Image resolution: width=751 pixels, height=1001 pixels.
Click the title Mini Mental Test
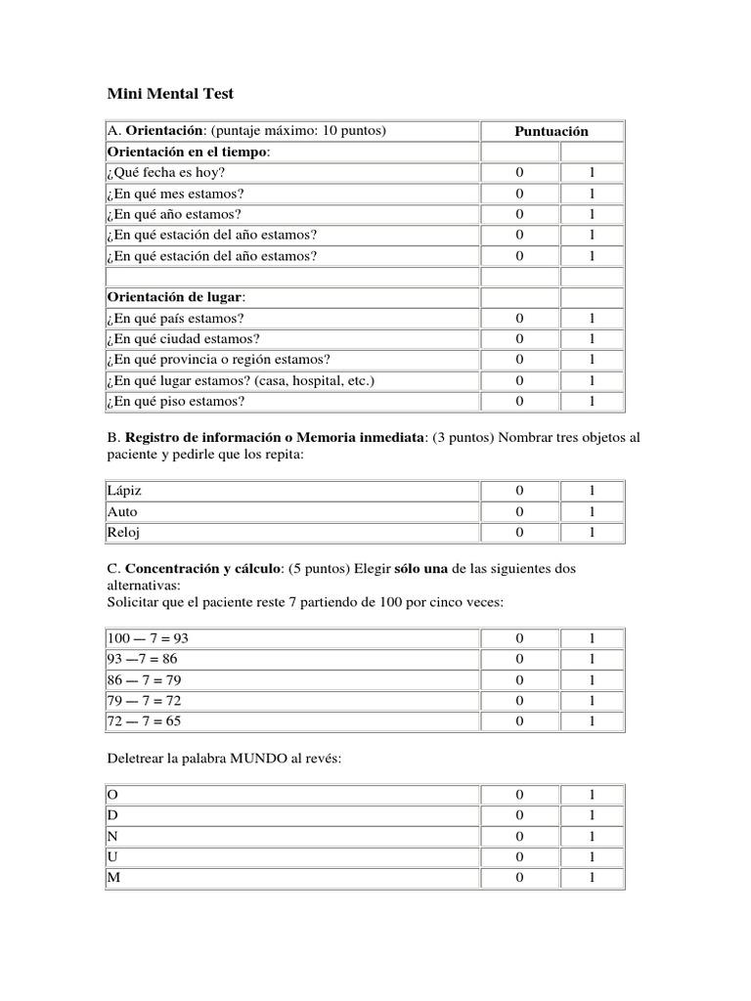[169, 95]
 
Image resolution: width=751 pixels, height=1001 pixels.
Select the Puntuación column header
[552, 131]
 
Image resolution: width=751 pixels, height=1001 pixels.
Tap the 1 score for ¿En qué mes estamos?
[592, 194]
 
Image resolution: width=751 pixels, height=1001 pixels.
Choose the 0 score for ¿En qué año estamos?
[519, 214]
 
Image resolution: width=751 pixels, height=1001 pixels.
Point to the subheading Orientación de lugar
[176, 297]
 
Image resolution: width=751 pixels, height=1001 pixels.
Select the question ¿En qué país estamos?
[175, 318]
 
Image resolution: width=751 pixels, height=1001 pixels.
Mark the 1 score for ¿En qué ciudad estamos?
[592, 338]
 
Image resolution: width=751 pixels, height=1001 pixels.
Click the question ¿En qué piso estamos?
[175, 401]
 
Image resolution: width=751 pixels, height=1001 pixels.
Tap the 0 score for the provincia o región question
[519, 359]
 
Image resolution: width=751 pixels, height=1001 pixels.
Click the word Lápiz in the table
[124, 490]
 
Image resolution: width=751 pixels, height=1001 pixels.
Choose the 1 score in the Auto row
[592, 511]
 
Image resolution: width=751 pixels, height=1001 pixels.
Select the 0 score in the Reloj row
[519, 532]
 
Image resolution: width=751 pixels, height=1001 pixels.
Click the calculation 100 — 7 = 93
[147, 637]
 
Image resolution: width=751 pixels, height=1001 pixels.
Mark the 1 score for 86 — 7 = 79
[592, 679]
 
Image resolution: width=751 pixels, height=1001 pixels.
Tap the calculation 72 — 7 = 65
[145, 720]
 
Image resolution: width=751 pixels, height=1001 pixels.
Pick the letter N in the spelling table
[113, 836]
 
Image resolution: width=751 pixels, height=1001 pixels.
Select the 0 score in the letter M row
[519, 877]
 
